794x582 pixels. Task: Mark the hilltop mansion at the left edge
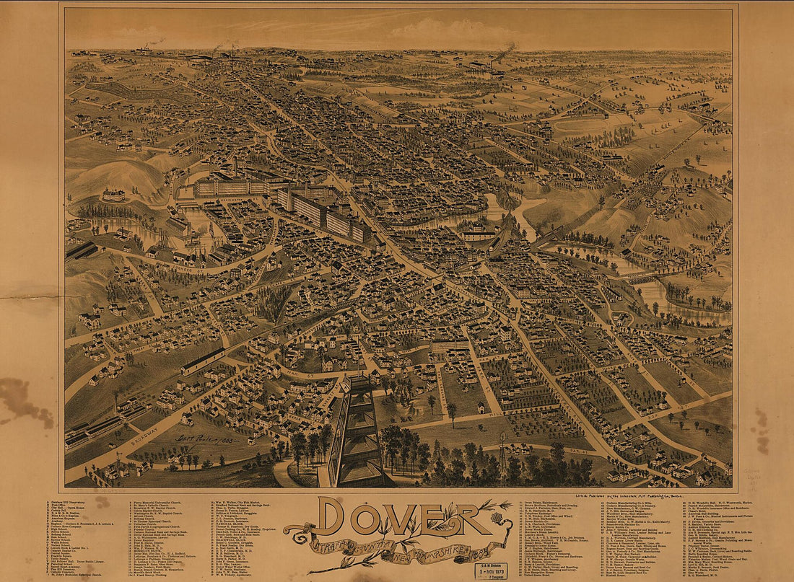point(113,195)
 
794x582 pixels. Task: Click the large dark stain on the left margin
point(25,400)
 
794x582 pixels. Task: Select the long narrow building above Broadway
point(203,361)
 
